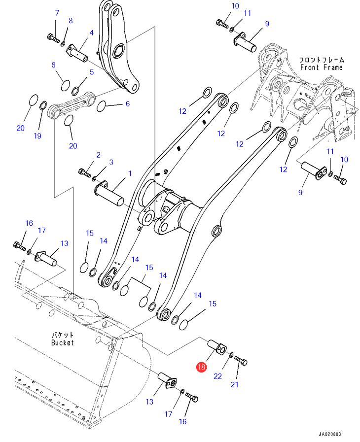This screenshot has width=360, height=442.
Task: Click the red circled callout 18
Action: click(x=201, y=367)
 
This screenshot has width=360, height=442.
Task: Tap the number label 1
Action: click(x=130, y=173)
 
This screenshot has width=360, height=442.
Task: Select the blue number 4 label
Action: click(x=91, y=33)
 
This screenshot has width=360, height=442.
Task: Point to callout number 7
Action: click(x=56, y=13)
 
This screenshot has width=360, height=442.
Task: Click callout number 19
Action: click(x=37, y=136)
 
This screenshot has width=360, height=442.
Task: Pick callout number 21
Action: click(x=235, y=384)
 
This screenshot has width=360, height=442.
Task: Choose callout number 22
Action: click(x=217, y=376)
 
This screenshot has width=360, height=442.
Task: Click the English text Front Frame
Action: click(x=321, y=67)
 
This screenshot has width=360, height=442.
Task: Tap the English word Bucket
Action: click(x=62, y=342)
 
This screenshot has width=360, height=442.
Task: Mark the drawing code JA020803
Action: click(x=329, y=434)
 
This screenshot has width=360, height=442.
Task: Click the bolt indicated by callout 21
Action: click(x=241, y=361)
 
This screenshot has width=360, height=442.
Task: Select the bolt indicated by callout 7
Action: click(x=53, y=37)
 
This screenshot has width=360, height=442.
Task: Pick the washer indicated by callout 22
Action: click(x=231, y=355)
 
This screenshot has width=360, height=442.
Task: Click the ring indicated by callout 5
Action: click(x=76, y=90)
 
